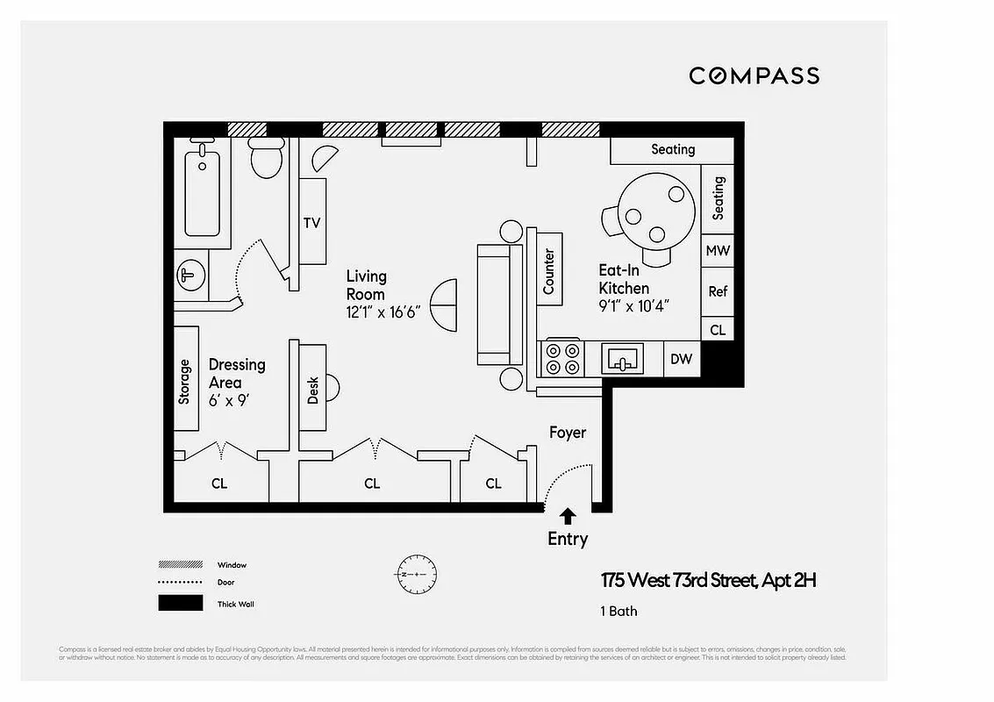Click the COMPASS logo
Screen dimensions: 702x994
tap(754, 75)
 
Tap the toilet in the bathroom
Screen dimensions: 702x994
tap(265, 159)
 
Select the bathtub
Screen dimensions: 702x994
tap(202, 191)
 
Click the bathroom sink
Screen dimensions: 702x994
tap(190, 276)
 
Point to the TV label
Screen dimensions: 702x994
tap(311, 223)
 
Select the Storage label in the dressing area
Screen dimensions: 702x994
tap(184, 382)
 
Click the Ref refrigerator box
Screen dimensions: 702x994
tap(717, 291)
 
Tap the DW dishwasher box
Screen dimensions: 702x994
tap(681, 359)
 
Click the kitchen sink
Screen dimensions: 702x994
tap(622, 358)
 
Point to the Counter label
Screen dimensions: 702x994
tap(549, 271)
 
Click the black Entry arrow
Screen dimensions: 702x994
tap(568, 516)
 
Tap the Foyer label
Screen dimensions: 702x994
tap(567, 433)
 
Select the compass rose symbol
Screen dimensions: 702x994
tap(411, 574)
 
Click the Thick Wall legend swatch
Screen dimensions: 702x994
tap(179, 604)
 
